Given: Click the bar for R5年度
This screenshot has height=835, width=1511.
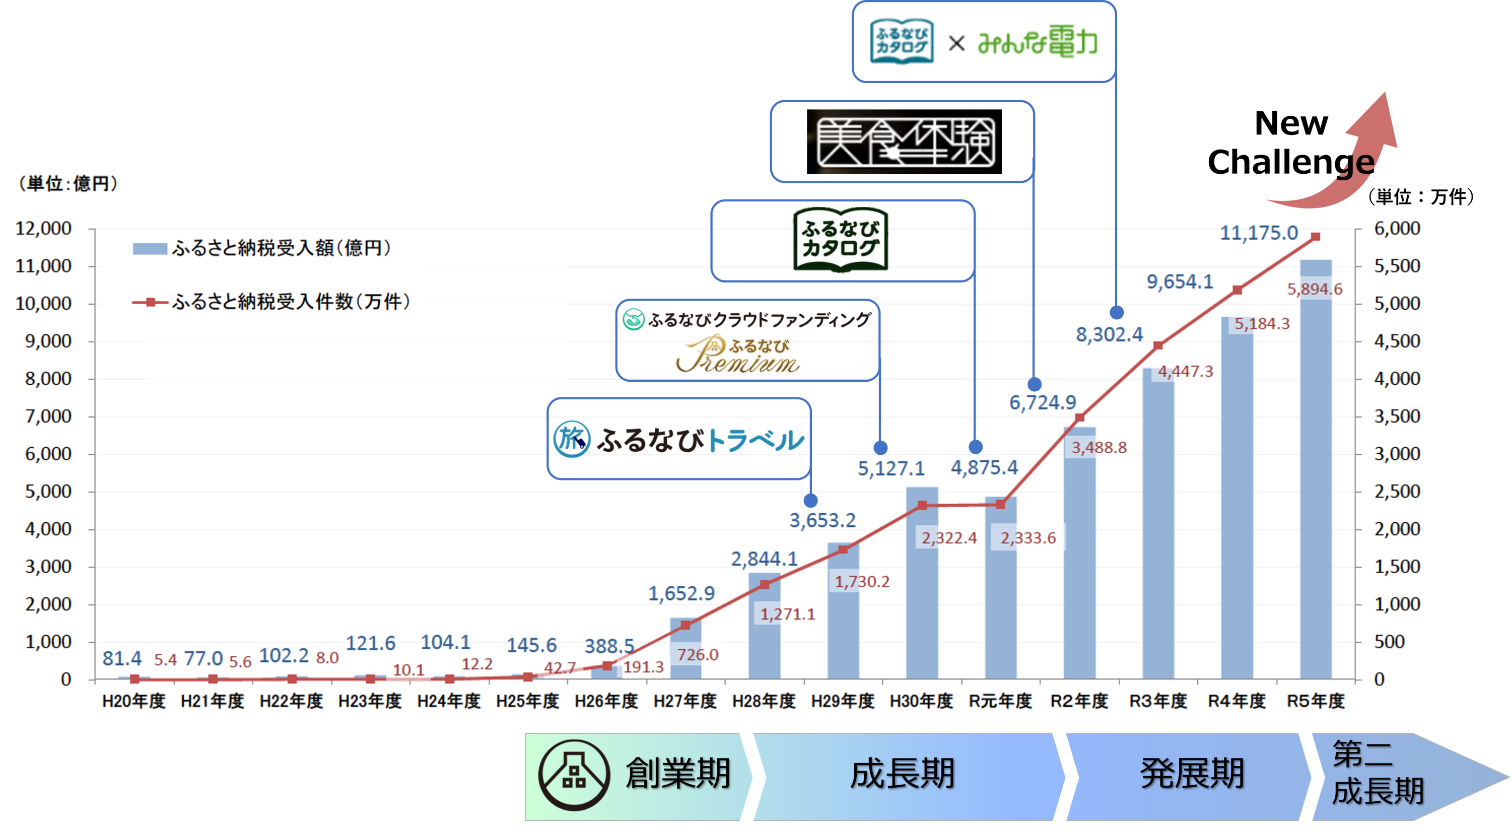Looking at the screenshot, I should pos(1316,469).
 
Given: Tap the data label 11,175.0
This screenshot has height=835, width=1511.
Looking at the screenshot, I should pos(1259,233).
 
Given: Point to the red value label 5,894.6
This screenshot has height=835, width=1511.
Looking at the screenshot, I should pos(1315,289).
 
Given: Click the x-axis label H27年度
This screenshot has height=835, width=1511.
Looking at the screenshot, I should pos(685,701).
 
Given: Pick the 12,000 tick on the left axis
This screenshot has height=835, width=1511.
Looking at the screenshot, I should pos(43,228).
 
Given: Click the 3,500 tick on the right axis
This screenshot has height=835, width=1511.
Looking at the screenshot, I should pos(1397,416).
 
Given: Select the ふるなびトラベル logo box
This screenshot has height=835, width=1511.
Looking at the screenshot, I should pos(678,439).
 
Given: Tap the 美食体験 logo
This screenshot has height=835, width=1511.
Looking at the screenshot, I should pos(904,142).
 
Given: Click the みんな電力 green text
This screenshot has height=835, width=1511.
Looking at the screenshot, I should pos(1037,42).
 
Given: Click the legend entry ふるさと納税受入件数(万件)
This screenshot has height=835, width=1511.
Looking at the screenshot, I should pos(290,302).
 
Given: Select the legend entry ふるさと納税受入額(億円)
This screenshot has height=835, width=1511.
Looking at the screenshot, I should pos(281,248).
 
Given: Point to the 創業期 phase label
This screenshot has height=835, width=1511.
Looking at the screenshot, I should pos(677,774).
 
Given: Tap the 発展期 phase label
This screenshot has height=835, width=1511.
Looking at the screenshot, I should pos(1191,774).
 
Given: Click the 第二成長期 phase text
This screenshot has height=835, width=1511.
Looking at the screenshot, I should pos(1376,774).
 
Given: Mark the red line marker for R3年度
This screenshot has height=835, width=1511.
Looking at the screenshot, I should pos(1158,346).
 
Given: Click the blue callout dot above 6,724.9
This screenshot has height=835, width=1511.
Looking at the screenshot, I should pos(1034,384).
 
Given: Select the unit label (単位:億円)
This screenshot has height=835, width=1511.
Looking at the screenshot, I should pos(67,183).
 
